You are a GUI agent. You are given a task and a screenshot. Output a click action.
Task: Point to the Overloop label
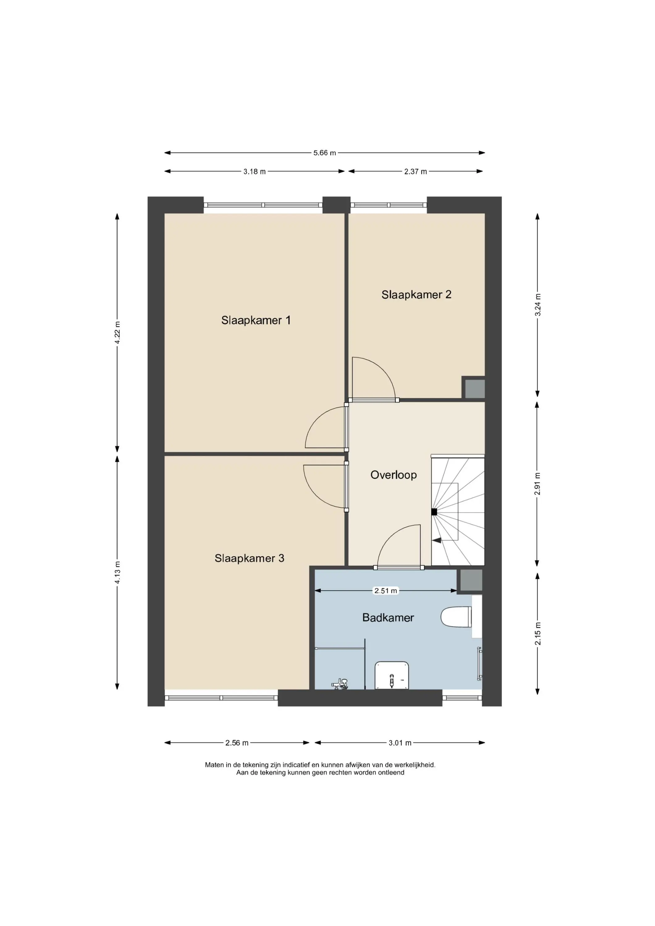(x=393, y=475)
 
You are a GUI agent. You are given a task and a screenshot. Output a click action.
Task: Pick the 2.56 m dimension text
(x=237, y=743)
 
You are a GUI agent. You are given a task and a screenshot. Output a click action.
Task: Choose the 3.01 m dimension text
(x=400, y=743)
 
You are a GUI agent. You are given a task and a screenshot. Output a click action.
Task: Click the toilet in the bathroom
(x=456, y=617)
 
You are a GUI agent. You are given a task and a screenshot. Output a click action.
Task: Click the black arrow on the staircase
(x=436, y=540)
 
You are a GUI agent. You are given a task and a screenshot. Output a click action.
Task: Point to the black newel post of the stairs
(x=434, y=512)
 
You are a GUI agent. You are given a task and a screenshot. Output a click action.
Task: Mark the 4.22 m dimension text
(x=117, y=332)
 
